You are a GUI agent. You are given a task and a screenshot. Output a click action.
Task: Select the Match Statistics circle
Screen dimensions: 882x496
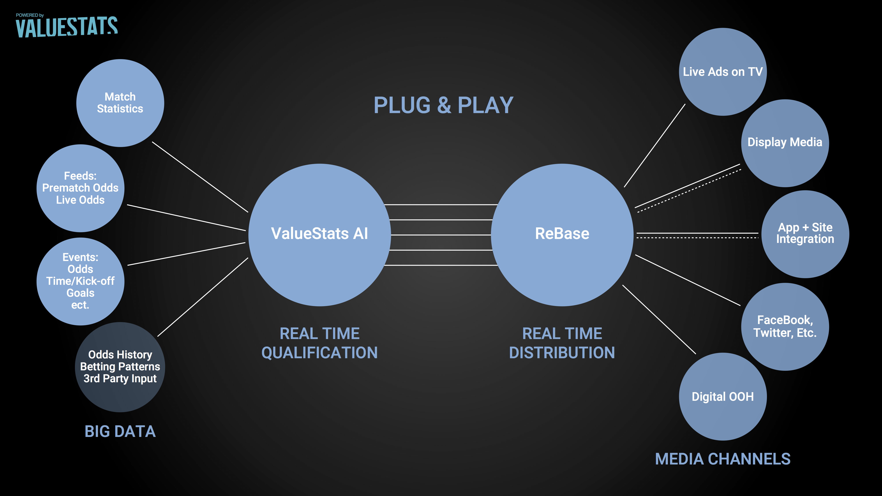[x=120, y=103]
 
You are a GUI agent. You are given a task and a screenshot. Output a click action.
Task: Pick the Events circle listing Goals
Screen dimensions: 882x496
[x=80, y=281]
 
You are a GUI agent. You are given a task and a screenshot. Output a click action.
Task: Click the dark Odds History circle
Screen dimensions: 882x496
[x=120, y=367]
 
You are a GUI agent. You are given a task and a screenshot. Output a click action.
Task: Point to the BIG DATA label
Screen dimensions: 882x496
[x=120, y=431]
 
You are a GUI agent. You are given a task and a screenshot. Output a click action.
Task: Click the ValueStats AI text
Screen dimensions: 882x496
[x=320, y=233]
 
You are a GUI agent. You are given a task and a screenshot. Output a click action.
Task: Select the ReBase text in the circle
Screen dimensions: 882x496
[x=562, y=233]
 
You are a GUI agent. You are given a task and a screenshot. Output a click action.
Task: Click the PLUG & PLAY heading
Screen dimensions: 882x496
[x=443, y=105]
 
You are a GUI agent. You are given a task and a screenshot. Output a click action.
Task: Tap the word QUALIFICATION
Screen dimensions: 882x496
[x=320, y=352]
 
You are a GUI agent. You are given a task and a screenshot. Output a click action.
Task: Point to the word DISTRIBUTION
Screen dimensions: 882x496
[x=562, y=352]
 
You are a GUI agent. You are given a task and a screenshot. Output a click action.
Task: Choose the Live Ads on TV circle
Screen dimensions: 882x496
[x=723, y=72]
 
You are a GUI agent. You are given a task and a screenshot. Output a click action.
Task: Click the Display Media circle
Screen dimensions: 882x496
[x=785, y=143]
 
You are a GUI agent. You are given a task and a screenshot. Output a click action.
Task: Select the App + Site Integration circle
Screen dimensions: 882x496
[x=805, y=234]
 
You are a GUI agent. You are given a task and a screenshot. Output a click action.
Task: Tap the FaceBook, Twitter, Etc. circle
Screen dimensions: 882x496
[x=785, y=326]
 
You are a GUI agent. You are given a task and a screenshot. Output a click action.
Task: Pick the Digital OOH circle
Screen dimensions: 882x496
[x=723, y=396]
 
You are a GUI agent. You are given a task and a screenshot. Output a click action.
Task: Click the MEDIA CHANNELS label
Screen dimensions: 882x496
[x=723, y=459]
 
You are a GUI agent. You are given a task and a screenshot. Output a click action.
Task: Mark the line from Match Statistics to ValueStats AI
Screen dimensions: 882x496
[x=200, y=177]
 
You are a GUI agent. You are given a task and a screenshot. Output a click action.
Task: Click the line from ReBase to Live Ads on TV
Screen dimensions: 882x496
[x=655, y=145]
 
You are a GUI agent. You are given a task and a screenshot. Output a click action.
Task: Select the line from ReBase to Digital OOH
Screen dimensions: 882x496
[x=659, y=319]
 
